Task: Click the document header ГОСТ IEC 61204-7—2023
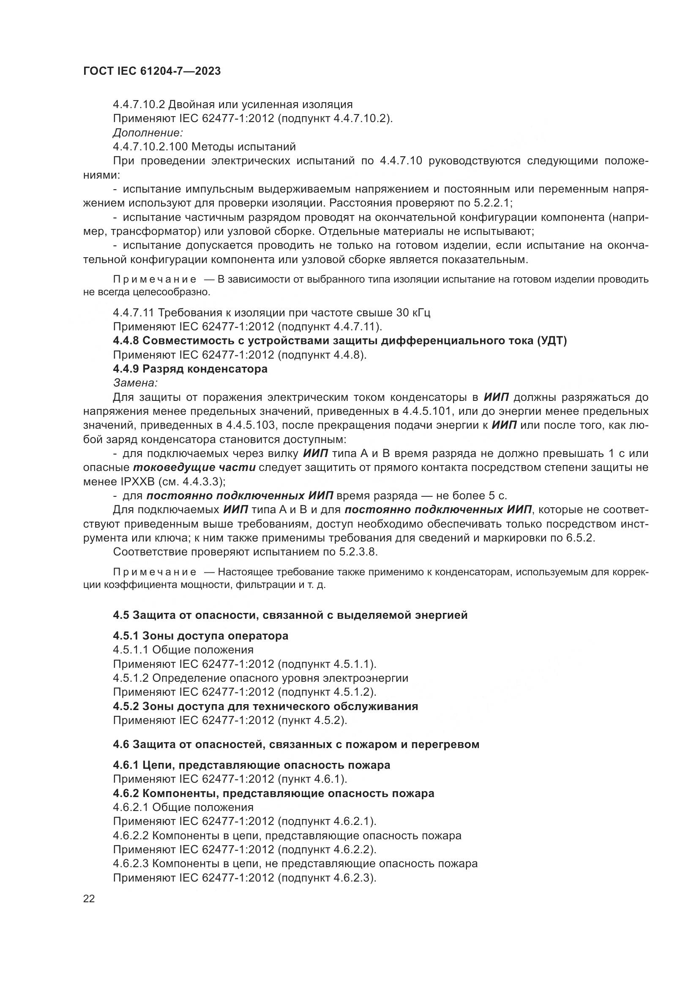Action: (x=152, y=71)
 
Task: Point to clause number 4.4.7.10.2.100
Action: (x=150, y=147)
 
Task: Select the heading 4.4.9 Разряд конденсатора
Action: (x=190, y=369)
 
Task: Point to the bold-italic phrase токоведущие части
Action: (x=194, y=468)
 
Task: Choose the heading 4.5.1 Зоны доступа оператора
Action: (x=201, y=636)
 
